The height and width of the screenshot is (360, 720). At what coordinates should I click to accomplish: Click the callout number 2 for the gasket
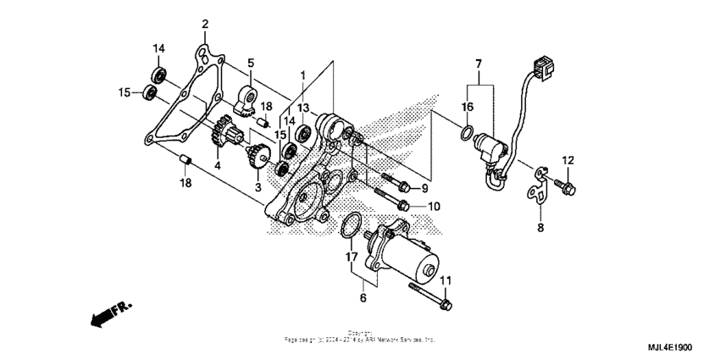(x=205, y=24)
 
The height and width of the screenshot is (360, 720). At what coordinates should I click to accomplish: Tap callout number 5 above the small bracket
(x=251, y=63)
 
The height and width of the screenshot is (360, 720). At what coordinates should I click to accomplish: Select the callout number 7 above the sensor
(x=478, y=64)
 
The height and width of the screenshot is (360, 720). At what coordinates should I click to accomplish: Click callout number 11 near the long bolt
(x=446, y=280)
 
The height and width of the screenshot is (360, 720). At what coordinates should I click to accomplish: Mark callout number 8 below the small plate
(x=539, y=228)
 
